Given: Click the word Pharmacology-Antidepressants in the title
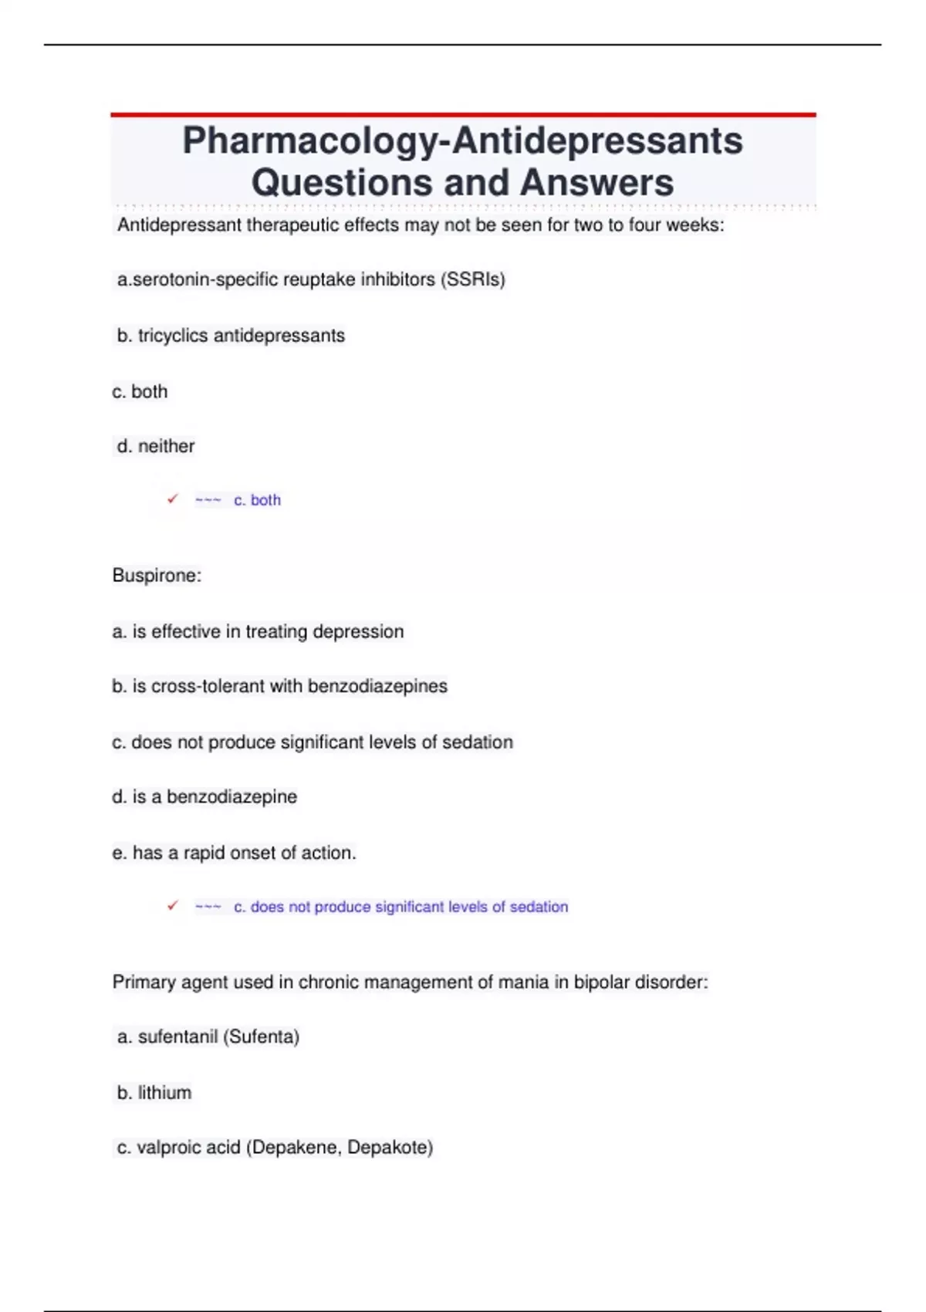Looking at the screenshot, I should coord(462,141).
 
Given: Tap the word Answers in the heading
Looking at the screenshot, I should coord(596,183).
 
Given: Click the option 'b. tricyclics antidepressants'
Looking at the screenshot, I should coord(231,336).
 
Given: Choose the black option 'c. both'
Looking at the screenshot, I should coord(140,392).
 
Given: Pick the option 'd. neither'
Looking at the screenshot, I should coord(155,446).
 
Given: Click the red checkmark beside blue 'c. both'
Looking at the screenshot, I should coord(173,499).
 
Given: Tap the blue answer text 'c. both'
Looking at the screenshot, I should coord(257,500).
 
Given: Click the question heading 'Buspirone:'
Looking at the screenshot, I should coord(157,576).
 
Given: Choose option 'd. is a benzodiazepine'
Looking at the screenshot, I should coord(204,796).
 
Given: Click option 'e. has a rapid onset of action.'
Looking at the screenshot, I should coord(234,853).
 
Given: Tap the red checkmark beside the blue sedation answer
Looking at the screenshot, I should coord(173,906).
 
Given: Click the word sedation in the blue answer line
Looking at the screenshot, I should coord(539,907).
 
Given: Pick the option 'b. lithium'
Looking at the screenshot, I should coord(154,1093).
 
